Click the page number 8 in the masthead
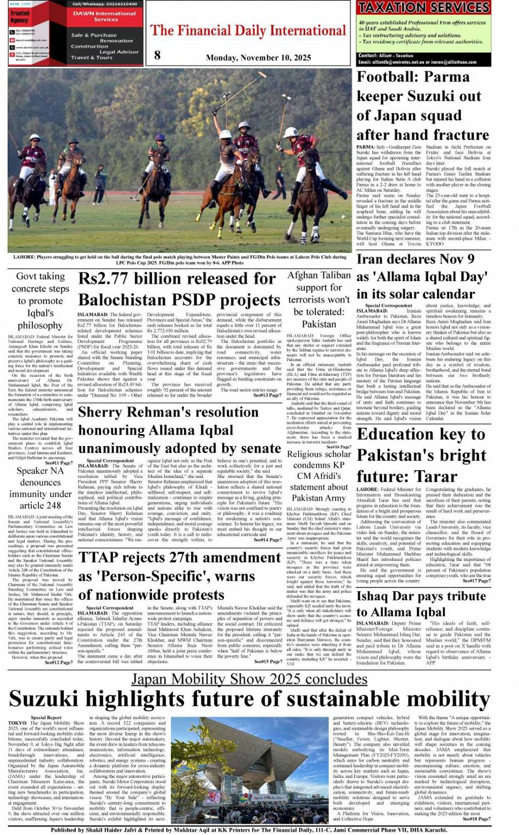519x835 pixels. coord(158,54)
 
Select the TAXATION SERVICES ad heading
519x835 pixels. coord(423,7)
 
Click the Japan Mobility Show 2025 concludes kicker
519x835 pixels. coord(249,679)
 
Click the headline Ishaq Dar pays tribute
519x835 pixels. coord(421,597)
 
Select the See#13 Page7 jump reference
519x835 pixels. coord(267,396)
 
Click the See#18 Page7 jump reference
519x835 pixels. coord(477,819)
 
